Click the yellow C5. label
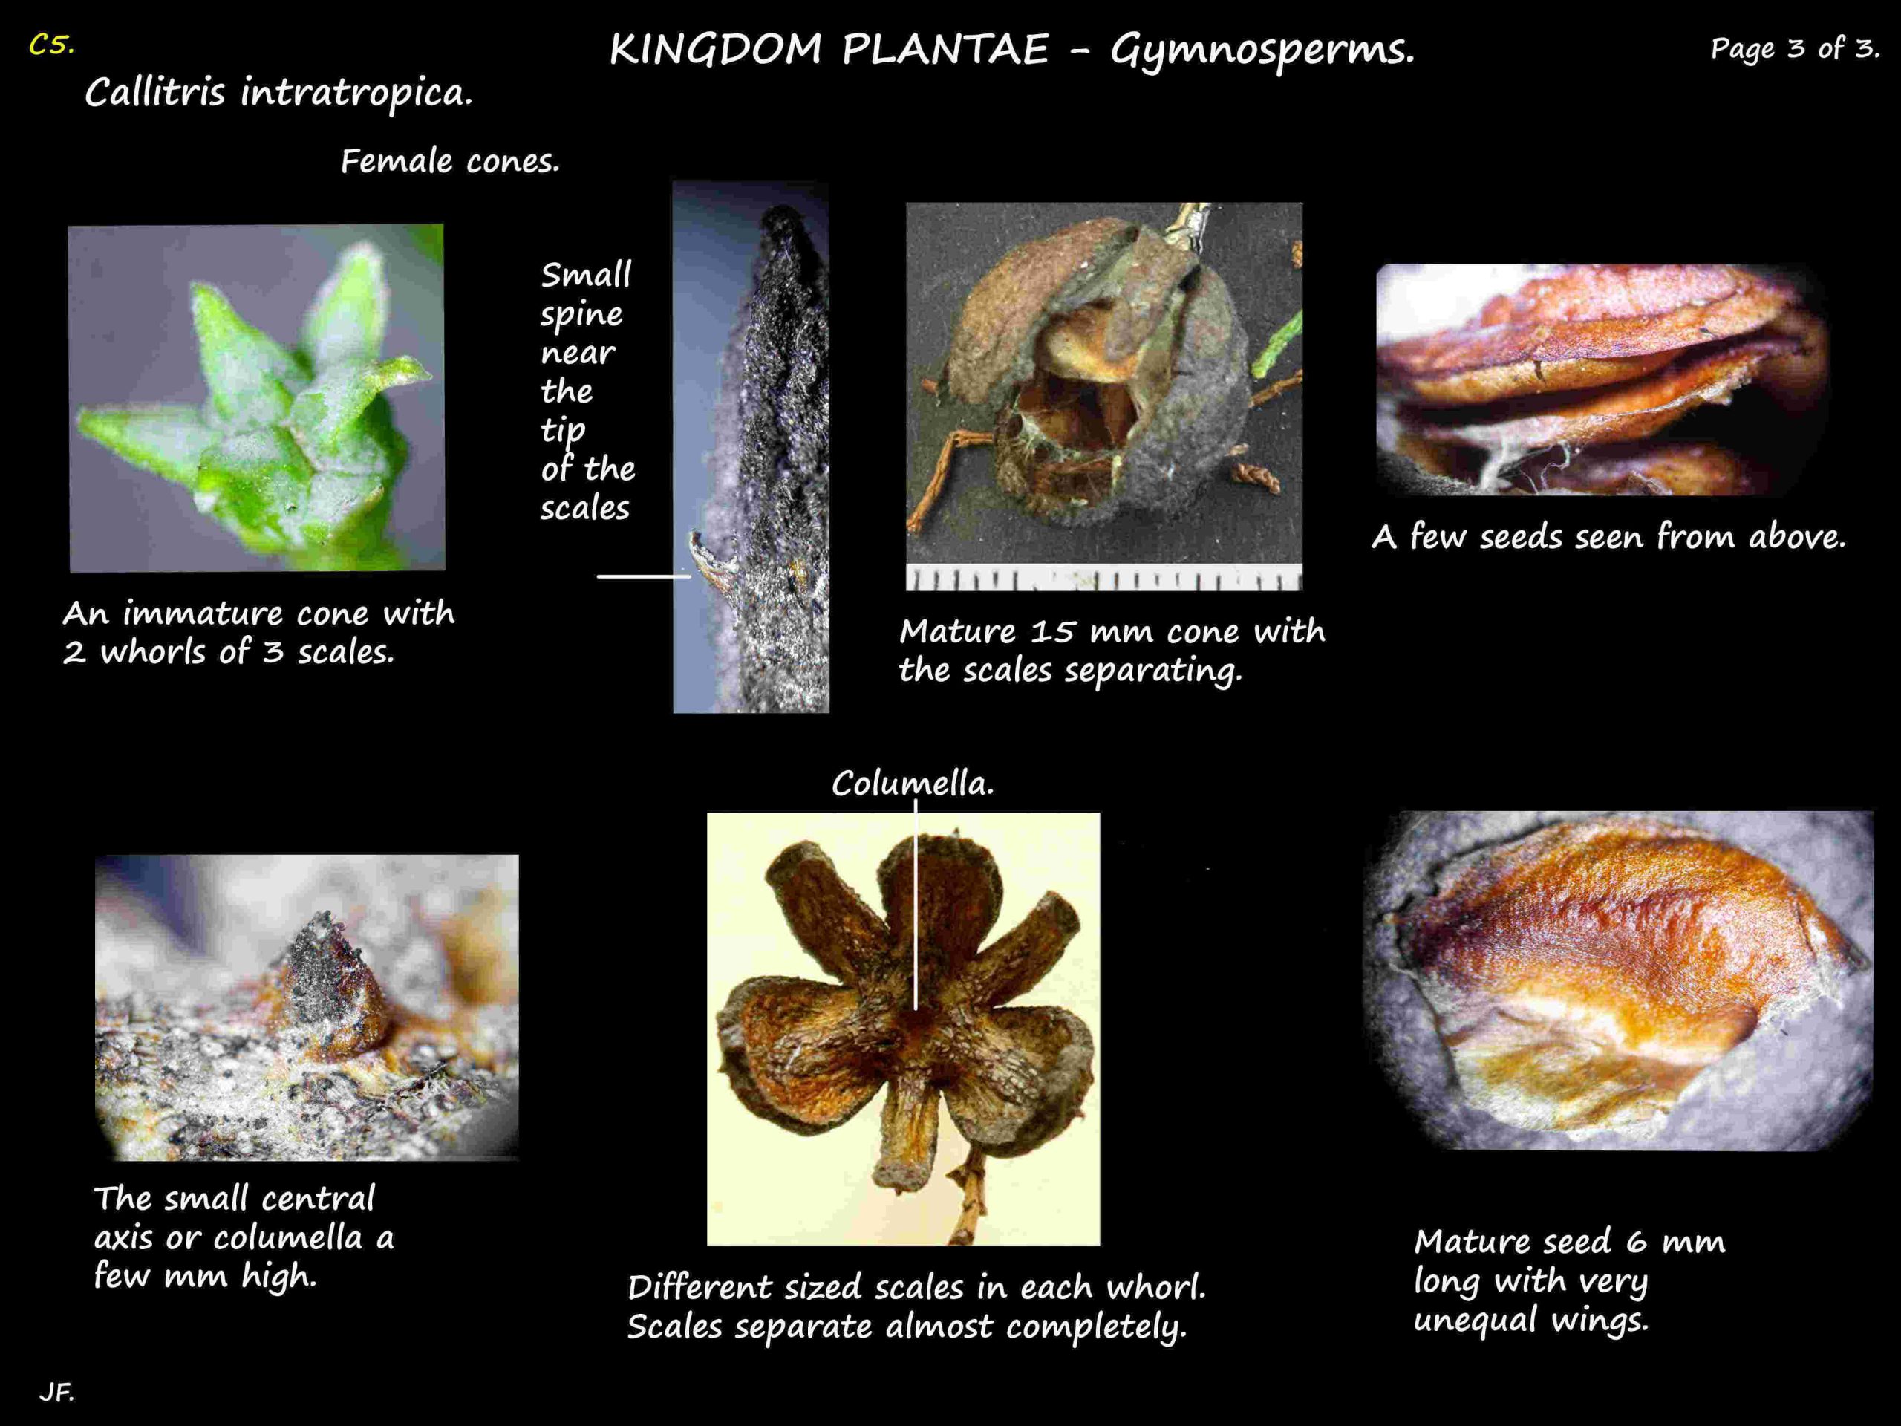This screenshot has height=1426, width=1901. [51, 45]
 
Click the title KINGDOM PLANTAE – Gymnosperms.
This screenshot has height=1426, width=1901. [1011, 51]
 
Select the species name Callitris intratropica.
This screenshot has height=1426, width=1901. [278, 93]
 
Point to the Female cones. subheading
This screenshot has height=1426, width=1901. [449, 160]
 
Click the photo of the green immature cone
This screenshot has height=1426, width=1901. [257, 398]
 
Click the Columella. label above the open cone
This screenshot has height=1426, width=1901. [913, 783]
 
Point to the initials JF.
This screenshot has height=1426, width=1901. [56, 1392]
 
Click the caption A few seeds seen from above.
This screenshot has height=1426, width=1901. [1608, 536]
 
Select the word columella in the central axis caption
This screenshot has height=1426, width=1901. [289, 1238]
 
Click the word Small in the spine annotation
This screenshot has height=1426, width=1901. [586, 275]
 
